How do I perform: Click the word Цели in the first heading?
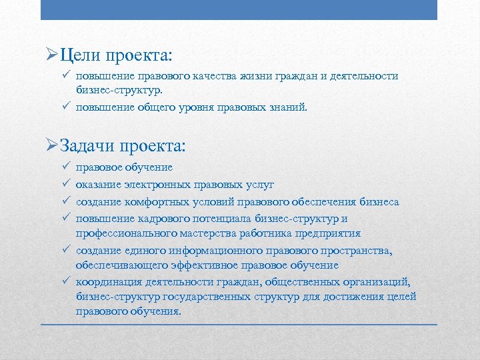coord(79,53)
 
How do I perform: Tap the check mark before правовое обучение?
coord(65,167)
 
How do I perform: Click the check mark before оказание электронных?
coord(65,184)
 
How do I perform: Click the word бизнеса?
coord(379,201)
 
